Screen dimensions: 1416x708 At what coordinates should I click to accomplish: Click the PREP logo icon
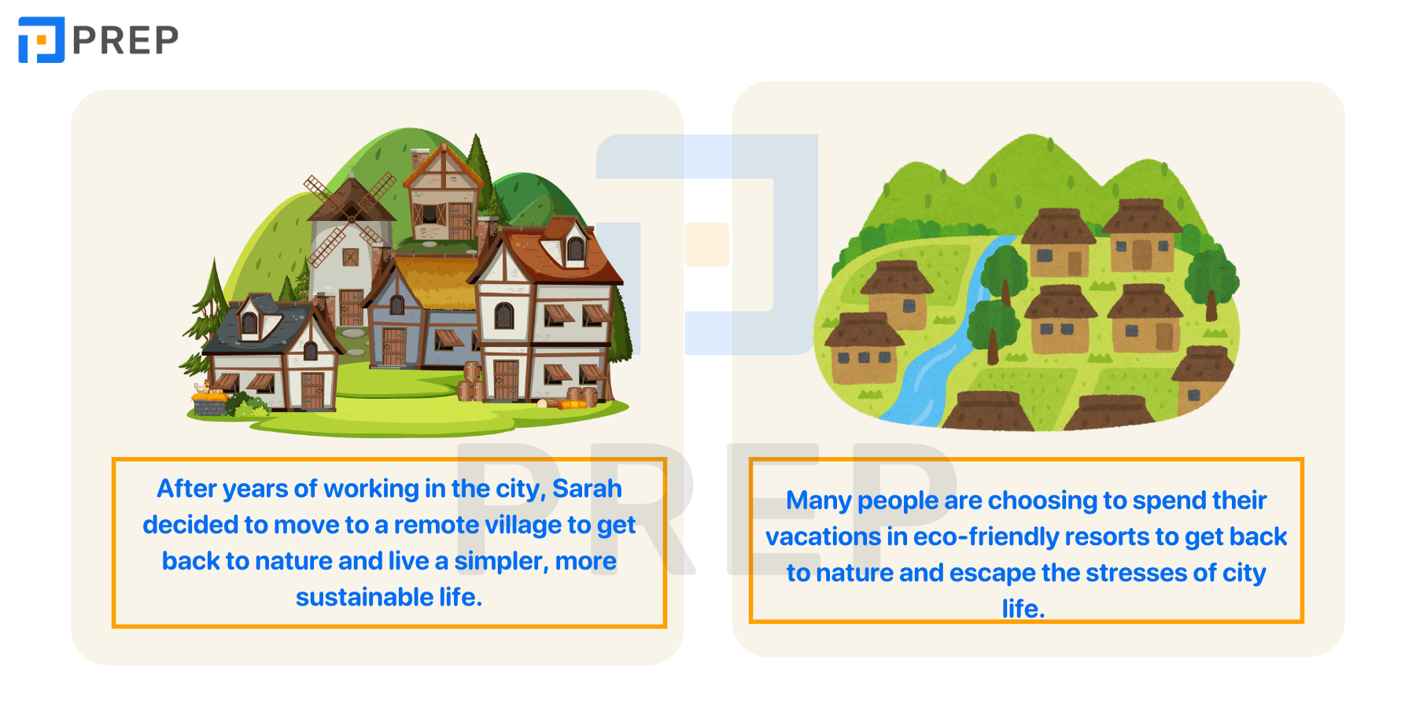[41, 39]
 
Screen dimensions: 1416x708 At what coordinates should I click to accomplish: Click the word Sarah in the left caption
[587, 489]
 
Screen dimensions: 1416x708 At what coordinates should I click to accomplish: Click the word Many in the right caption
[818, 501]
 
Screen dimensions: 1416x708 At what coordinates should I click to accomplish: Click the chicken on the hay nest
[206, 387]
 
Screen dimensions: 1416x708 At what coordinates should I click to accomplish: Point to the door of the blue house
[393, 346]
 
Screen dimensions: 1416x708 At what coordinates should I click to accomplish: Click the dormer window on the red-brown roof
[574, 246]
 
